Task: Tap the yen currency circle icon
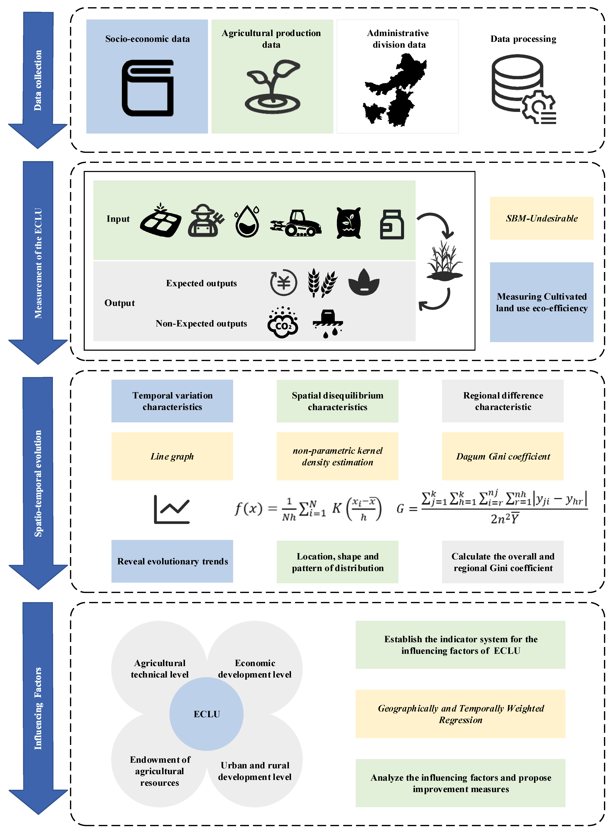tap(283, 283)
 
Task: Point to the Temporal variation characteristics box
tap(172, 401)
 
